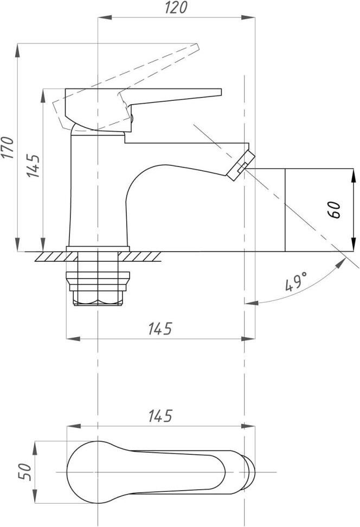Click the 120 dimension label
tap(176, 8)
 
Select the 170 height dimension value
tap(8, 147)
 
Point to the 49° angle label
tap(296, 281)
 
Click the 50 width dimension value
tap(25, 472)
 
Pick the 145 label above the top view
tap(160, 416)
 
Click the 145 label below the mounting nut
tap(160, 329)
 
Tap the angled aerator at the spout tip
tap(241, 165)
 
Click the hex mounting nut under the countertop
tap(98, 288)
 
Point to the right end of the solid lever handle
tap(221, 92)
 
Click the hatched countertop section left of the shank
tap(56, 256)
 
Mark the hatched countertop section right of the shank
tap(140, 256)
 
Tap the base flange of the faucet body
tap(98, 249)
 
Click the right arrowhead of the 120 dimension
tap(248, 17)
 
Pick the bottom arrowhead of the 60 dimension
tap(353, 245)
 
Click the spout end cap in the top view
tap(249, 472)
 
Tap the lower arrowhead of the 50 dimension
tap(35, 497)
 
